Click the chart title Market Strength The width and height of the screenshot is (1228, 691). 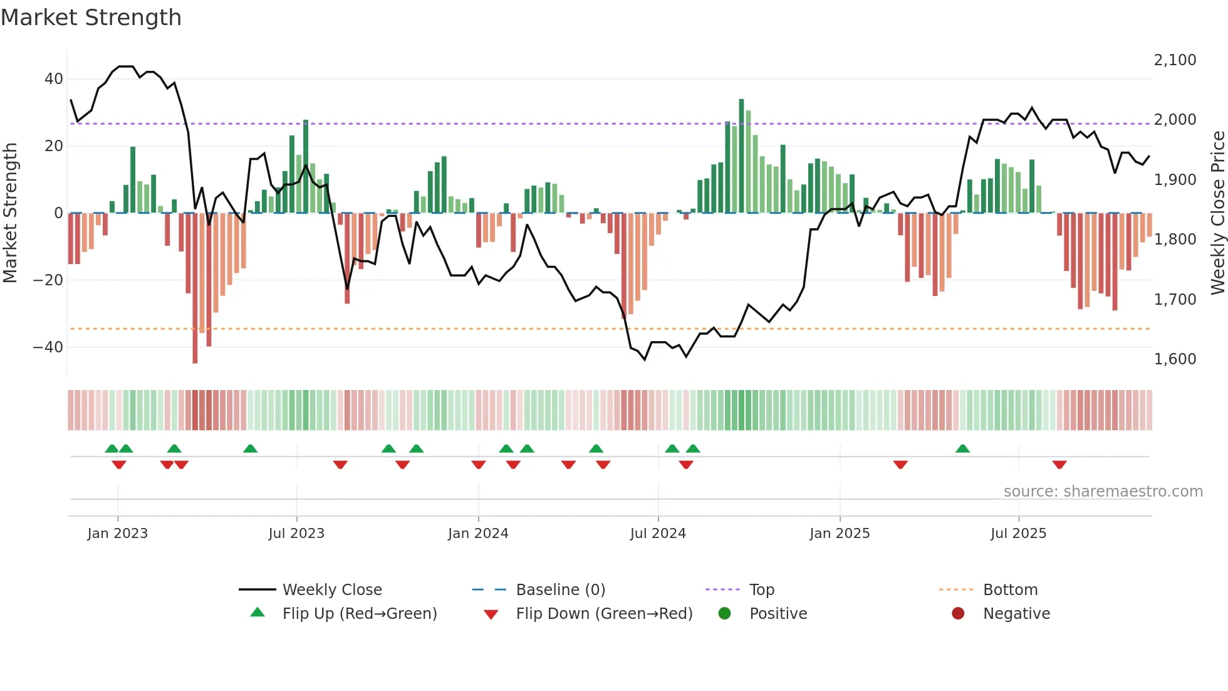click(x=91, y=18)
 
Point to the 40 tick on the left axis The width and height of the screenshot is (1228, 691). click(x=54, y=79)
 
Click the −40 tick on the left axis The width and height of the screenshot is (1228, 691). click(x=48, y=347)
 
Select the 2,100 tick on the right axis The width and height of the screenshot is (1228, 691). click(x=1175, y=60)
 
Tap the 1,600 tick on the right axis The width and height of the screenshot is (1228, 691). click(x=1175, y=359)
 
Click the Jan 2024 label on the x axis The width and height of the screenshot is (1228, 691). click(x=478, y=534)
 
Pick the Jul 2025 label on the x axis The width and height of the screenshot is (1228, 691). click(x=1018, y=534)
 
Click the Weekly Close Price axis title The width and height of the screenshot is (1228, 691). click(x=1217, y=213)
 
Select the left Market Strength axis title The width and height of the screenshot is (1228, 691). click(x=10, y=213)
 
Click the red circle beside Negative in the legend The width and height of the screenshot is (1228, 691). click(x=958, y=614)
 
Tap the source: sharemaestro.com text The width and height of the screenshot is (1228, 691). click(x=1103, y=492)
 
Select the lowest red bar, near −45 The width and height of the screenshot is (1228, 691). click(x=195, y=288)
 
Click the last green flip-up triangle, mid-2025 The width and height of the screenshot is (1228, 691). click(x=962, y=449)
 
